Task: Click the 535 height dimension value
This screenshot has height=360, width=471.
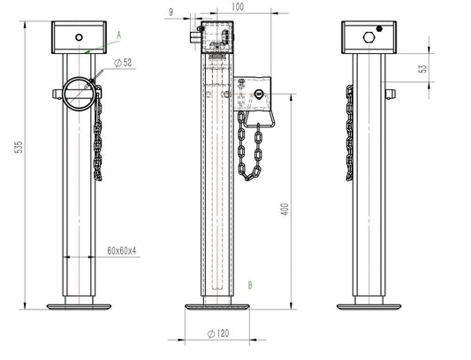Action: [19, 147]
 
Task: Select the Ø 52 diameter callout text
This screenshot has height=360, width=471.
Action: [123, 63]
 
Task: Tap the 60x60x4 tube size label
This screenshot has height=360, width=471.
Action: [122, 250]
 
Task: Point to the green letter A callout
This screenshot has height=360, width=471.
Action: [119, 35]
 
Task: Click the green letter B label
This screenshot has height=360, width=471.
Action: [250, 285]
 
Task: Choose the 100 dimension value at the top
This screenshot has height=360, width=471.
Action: [238, 6]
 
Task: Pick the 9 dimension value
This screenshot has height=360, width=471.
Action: [171, 12]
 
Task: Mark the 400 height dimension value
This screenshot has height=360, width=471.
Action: [285, 209]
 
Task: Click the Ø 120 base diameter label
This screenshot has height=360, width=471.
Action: [218, 333]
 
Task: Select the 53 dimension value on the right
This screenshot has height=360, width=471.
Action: [423, 69]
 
